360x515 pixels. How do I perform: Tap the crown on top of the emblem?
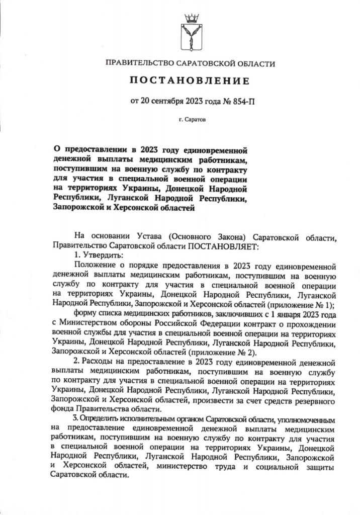tap(191, 19)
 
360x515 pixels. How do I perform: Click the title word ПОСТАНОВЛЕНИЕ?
tap(191, 81)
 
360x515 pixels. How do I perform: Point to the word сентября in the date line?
tap(173, 102)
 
